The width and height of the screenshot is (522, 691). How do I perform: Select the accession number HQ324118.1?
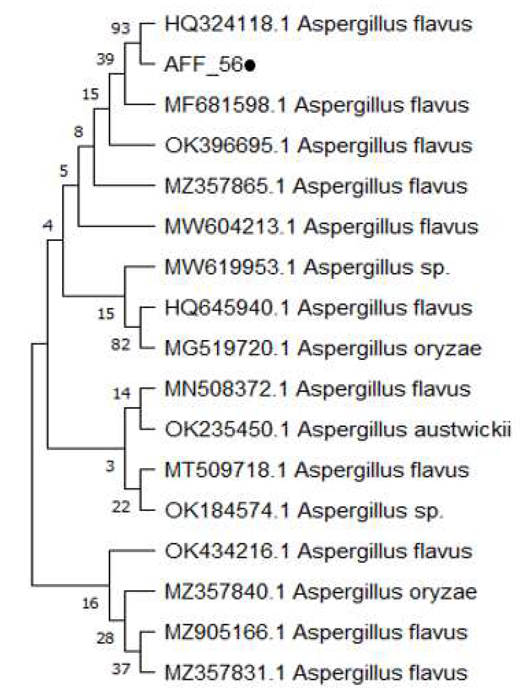[x=227, y=24]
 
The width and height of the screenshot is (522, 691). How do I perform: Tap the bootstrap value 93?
[x=121, y=29]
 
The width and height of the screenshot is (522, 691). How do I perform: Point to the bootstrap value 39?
[x=105, y=59]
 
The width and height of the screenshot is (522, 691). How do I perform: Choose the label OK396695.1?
[x=227, y=145]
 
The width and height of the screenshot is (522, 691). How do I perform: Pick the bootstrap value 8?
[x=78, y=132]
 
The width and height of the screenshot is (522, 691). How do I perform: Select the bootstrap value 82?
[x=121, y=345]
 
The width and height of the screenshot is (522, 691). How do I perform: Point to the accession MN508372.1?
[x=226, y=389]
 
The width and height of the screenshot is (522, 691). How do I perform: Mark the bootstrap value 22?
[x=121, y=507]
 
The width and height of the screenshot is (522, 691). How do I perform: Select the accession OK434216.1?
[x=227, y=551]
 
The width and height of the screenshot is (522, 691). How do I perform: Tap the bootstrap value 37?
[x=121, y=669]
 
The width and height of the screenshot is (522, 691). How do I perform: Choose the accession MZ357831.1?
[x=225, y=673]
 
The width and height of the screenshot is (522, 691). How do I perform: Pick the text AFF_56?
[x=203, y=65]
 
